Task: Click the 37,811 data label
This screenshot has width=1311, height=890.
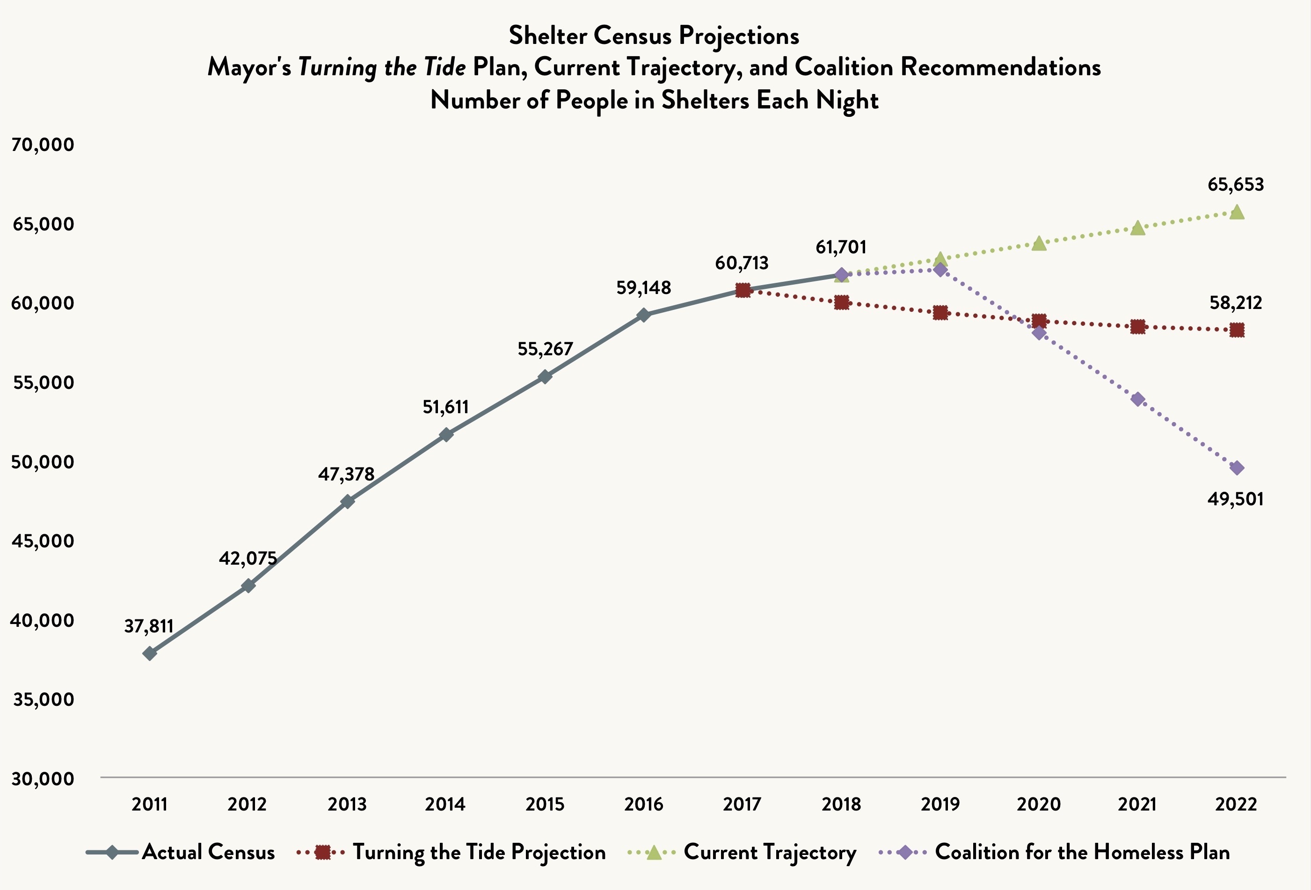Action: click(149, 626)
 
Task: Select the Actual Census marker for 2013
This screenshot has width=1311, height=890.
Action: click(348, 501)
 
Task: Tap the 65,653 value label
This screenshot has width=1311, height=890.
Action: click(1235, 184)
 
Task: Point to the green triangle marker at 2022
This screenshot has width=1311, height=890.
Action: click(1237, 212)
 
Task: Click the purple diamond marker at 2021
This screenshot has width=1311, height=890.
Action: click(1138, 399)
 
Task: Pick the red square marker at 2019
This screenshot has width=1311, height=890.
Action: click(940, 312)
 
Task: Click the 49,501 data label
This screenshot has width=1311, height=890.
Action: click(1235, 499)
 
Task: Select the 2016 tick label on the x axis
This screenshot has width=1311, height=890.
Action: click(644, 804)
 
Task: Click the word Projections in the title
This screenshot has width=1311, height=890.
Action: click(738, 36)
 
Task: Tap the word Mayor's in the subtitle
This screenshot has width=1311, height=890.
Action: click(249, 68)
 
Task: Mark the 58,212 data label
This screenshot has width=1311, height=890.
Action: click(1235, 303)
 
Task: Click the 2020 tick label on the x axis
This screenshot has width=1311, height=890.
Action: click(1039, 804)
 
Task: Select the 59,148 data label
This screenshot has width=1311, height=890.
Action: click(644, 288)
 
